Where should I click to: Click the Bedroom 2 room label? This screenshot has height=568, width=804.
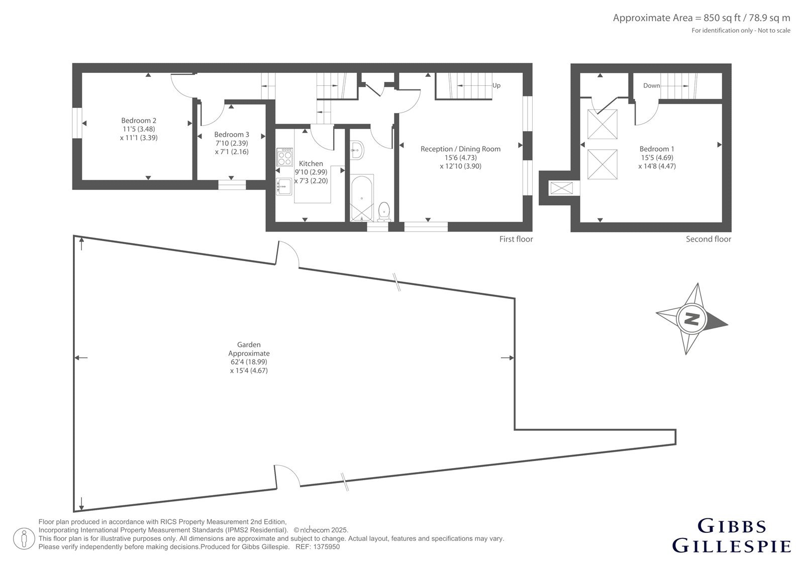[x=139, y=121]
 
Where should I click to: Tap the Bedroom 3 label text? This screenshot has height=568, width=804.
[x=232, y=135]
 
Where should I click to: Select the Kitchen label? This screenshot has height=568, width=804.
[x=311, y=163]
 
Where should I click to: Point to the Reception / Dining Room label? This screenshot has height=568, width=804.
[x=460, y=149]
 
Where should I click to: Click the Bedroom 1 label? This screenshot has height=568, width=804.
[x=657, y=149]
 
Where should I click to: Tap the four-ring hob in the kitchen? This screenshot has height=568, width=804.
[x=284, y=157]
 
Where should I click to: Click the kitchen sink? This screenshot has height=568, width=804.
[x=283, y=186]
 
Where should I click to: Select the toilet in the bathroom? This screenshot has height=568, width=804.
[x=384, y=212]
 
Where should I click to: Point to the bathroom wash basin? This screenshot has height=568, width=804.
[x=357, y=150]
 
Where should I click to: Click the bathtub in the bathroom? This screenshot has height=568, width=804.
[x=361, y=198]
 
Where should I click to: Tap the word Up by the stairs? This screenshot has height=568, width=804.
[x=496, y=85]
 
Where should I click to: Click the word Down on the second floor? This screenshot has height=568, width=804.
[x=651, y=85]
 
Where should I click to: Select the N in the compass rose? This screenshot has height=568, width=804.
[x=691, y=318]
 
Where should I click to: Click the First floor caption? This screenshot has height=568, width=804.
[x=516, y=239]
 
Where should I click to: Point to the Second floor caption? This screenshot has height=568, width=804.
[x=709, y=239]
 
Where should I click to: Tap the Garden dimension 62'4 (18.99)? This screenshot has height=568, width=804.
[x=249, y=362]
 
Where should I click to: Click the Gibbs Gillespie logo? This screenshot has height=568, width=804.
[x=731, y=540]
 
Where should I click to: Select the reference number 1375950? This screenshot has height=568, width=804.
[x=326, y=547]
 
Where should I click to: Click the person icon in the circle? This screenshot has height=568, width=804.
[x=24, y=539]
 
